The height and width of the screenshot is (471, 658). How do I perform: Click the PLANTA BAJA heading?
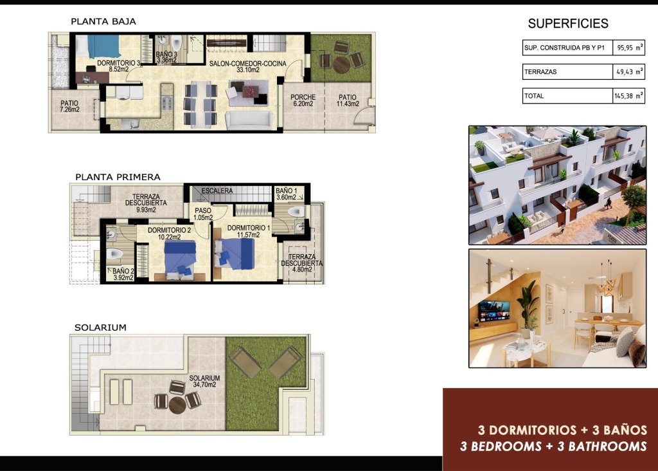[103, 21]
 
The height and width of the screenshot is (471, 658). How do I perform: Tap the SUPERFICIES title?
[567, 24]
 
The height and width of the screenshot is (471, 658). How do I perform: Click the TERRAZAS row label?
[540, 72]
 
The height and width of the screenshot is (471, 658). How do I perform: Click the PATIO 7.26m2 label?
[69, 106]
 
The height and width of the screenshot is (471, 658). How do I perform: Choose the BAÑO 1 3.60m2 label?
[287, 194]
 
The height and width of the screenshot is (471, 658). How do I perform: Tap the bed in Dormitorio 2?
[179, 259]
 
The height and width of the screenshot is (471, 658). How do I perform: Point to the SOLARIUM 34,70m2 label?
[204, 381]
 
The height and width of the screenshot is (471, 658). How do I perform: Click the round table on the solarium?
[177, 404]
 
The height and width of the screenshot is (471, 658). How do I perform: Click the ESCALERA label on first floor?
[217, 191]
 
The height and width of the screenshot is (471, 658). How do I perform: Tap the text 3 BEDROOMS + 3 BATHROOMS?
[553, 446]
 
